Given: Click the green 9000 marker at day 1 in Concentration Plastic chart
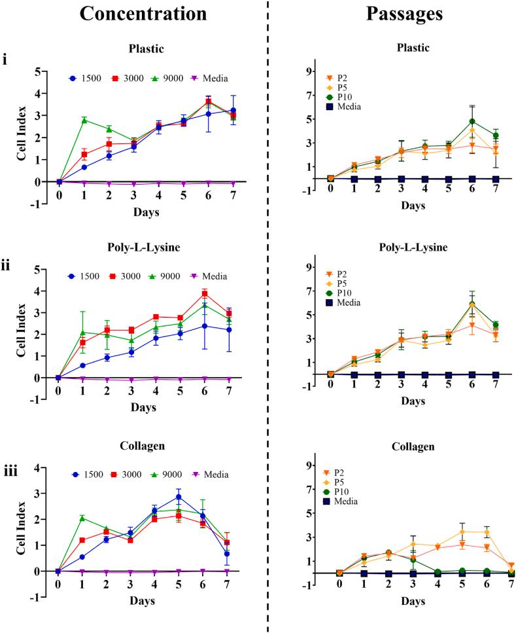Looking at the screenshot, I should pos(84,120).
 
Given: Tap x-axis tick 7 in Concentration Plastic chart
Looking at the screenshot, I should pos(233,194).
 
